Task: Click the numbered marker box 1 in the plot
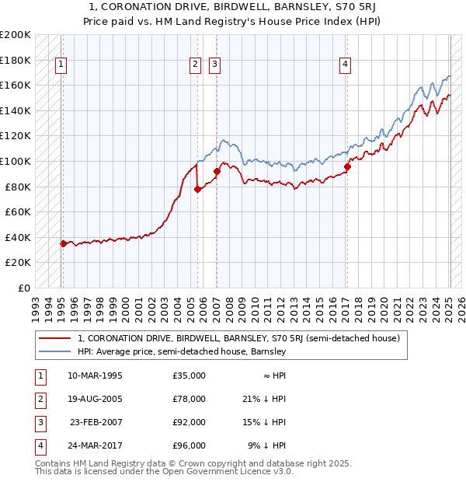coord(61,65)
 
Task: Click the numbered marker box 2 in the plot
coord(196,65)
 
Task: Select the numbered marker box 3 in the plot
coord(215,65)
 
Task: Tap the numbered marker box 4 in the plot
coord(345,65)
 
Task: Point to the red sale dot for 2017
coord(347,166)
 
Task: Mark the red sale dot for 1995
coord(63,243)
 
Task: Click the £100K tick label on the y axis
coord(16,161)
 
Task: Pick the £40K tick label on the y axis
coord(18,237)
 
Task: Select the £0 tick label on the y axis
coord(24,288)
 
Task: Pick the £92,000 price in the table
coord(189,422)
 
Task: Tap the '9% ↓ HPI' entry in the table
coord(267,445)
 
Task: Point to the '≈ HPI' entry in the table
coord(272,375)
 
